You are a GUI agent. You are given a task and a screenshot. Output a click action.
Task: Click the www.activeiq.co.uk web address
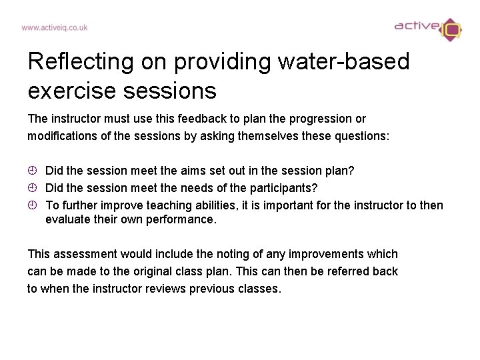pos(54,28)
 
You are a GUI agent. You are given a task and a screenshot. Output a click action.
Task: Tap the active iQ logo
pos(427,28)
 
